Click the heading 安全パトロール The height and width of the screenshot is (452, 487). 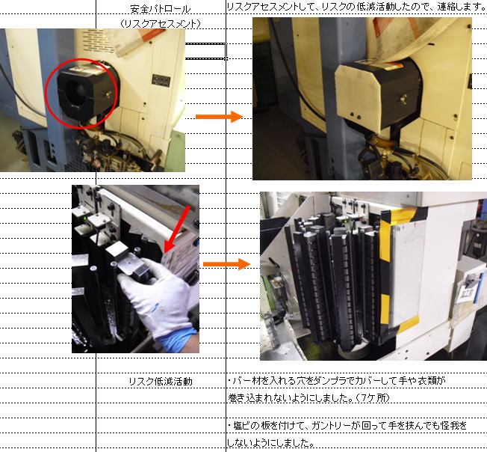click(161, 9)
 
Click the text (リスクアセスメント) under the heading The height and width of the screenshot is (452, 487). click(161, 24)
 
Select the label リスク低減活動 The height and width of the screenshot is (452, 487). click(161, 382)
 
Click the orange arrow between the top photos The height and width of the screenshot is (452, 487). click(219, 117)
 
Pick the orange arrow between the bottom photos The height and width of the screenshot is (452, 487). click(226, 264)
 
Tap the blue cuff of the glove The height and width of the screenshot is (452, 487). click(179, 340)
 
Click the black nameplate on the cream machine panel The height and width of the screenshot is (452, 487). click(161, 81)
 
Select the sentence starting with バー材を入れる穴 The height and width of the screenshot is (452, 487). click(336, 380)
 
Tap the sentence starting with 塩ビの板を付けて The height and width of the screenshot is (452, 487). click(347, 426)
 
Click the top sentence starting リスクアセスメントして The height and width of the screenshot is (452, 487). click(356, 7)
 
